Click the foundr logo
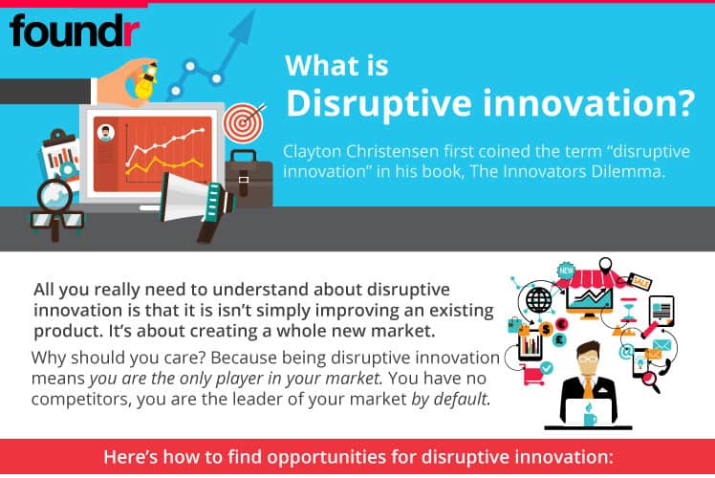click(75, 31)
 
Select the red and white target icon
click(244, 122)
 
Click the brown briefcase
click(249, 178)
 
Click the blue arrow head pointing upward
click(243, 27)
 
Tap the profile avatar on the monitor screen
click(106, 133)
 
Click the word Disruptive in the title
click(379, 104)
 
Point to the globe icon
click(538, 300)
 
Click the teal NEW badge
click(566, 270)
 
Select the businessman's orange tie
click(589, 387)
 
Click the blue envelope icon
click(661, 345)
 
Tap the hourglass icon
click(630, 310)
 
